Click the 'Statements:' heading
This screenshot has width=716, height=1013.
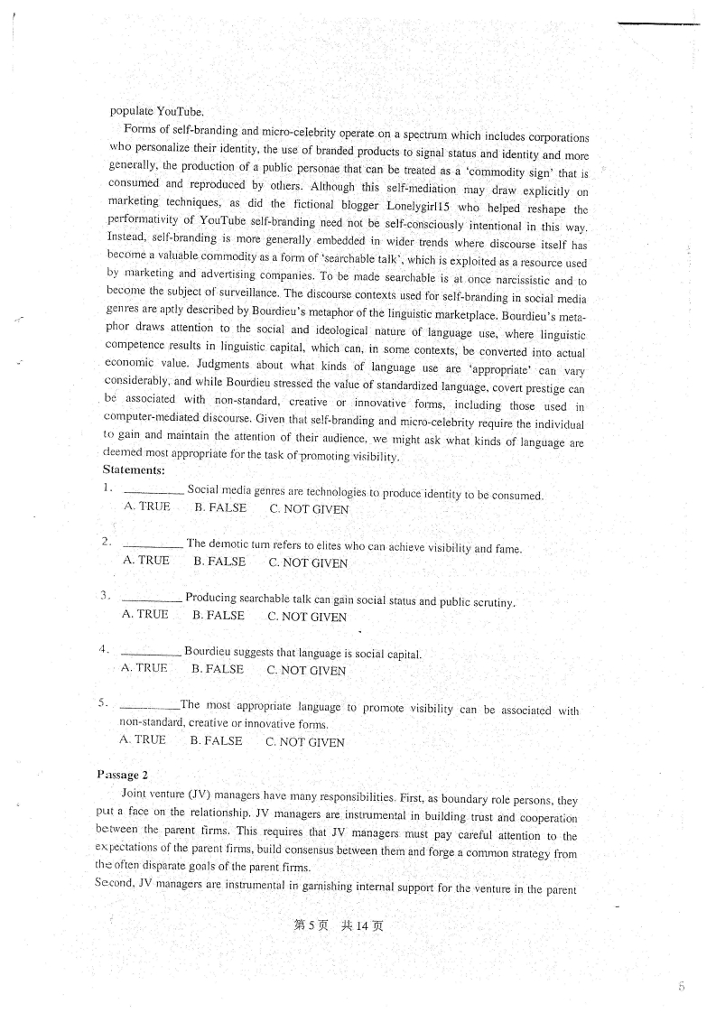[x=134, y=469]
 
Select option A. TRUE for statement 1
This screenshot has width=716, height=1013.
[x=146, y=506]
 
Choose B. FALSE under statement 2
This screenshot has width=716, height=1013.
[x=219, y=562]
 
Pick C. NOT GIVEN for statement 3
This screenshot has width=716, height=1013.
[x=307, y=618]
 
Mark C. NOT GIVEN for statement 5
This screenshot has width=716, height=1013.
[x=305, y=742]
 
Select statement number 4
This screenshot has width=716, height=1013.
[x=104, y=648]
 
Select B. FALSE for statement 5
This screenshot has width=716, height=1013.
[x=216, y=741]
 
